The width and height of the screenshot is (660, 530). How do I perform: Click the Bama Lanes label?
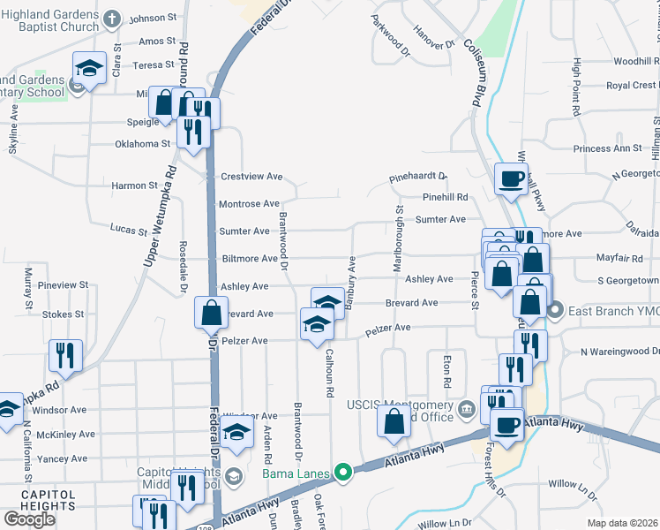tap(297, 474)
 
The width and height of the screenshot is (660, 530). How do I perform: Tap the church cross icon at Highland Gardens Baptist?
tap(112, 18)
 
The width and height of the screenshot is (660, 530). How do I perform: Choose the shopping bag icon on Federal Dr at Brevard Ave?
tap(212, 311)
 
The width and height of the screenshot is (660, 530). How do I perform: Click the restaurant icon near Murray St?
tap(65, 354)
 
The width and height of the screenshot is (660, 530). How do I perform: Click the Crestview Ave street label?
tap(251, 177)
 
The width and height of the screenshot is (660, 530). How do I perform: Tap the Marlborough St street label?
tap(400, 238)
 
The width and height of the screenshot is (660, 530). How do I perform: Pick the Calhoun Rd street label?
tap(331, 372)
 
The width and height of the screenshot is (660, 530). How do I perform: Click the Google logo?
tap(29, 519)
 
